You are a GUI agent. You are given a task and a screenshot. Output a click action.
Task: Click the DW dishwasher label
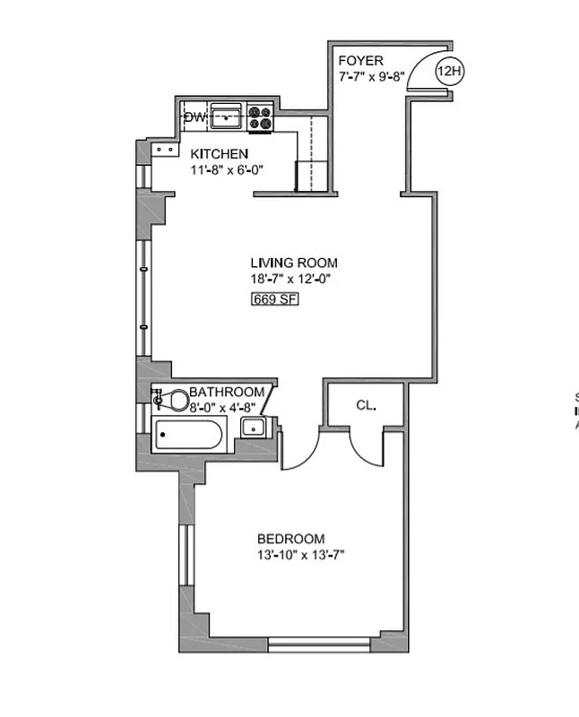coord(195,117)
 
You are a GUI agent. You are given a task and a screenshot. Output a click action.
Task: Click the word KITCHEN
coord(219,154)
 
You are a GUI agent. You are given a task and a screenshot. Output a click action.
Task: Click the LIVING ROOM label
coord(294,263)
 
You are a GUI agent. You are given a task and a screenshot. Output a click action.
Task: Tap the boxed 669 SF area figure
coord(274,298)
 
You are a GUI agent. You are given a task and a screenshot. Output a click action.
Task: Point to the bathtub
coord(189,438)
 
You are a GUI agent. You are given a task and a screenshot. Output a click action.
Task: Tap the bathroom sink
coord(255,427)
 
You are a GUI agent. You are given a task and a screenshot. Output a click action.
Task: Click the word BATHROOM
coord(226,392)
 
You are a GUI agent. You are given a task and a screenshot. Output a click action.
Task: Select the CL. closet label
coord(366,405)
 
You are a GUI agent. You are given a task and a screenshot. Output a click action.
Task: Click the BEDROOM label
coord(290,539)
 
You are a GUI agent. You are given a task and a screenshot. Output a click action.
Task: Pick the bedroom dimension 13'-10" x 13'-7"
coord(300,555)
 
